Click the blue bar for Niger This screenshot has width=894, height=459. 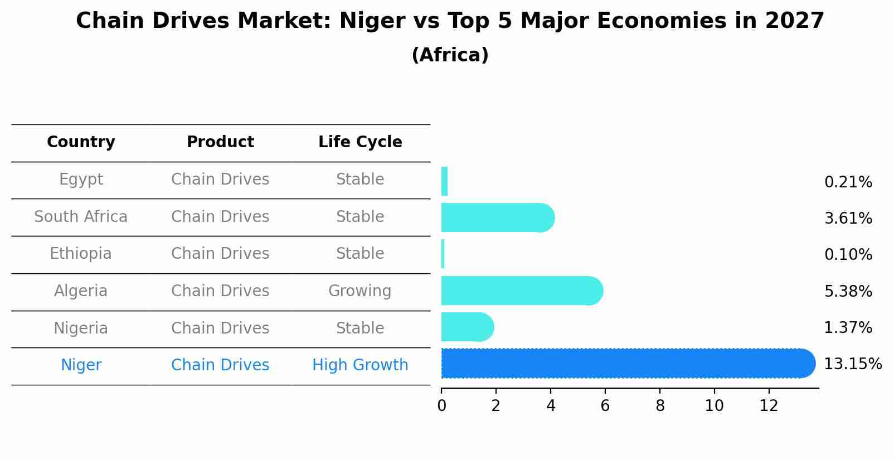tap(627, 363)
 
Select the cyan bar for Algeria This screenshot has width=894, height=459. tap(521, 291)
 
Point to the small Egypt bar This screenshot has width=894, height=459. tap(444, 181)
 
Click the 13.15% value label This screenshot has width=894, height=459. tap(852, 364)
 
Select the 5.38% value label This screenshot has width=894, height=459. tap(848, 291)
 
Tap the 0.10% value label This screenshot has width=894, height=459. tap(848, 255)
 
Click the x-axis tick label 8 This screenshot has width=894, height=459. tap(660, 406)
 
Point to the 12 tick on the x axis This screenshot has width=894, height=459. tap(769, 406)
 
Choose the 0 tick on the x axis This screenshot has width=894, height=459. tap(441, 406)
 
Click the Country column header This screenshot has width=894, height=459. tap(81, 142)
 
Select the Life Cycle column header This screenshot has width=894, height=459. tap(360, 142)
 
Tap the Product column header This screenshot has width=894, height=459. tap(220, 142)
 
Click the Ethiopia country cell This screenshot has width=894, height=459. tap(81, 254)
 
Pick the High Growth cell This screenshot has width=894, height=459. tap(360, 365)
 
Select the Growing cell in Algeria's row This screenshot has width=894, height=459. tap(360, 291)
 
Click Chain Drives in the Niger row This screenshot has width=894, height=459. tap(220, 365)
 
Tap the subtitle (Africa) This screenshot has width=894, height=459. tap(450, 55)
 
